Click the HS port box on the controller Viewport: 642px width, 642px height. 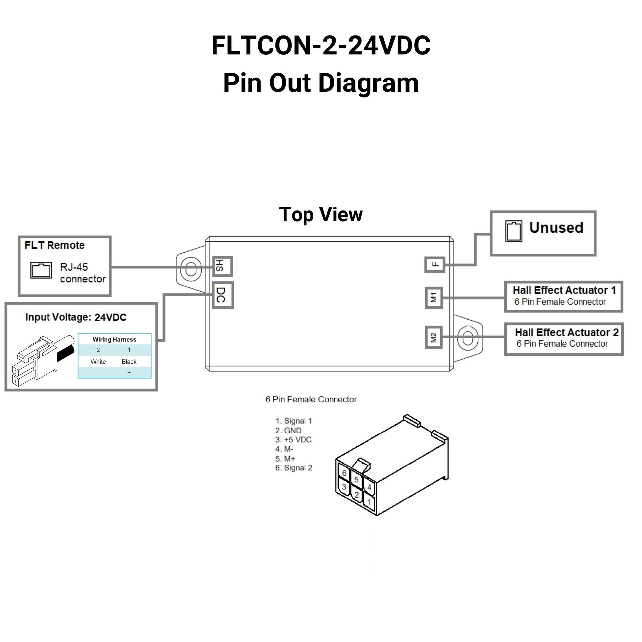(x=222, y=267)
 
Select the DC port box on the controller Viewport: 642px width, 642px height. (x=223, y=295)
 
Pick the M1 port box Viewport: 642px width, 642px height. (x=434, y=297)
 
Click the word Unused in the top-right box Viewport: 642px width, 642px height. (x=556, y=228)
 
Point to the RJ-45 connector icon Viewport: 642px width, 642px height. (x=41, y=270)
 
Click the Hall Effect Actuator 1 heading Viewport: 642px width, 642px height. (x=564, y=290)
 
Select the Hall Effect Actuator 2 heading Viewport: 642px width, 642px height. (x=566, y=332)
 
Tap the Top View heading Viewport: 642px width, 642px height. (x=321, y=215)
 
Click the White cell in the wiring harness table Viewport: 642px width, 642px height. (x=98, y=362)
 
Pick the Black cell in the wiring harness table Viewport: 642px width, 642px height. (x=129, y=362)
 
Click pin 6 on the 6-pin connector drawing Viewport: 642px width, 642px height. (x=344, y=473)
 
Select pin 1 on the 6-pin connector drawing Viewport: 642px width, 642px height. (x=369, y=502)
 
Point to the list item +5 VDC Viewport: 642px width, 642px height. (x=294, y=440)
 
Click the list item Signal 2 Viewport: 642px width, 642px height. (x=294, y=468)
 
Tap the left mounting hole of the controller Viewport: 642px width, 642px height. (x=191, y=269)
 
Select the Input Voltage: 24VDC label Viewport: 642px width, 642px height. (x=76, y=318)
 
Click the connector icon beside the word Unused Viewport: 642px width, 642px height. (x=513, y=231)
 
